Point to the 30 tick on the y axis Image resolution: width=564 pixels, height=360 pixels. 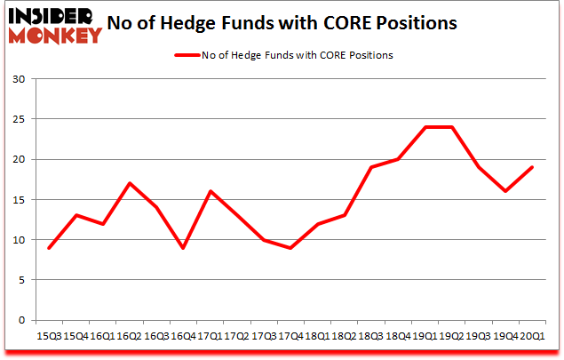[18, 79]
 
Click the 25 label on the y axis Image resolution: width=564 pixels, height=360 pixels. [18, 119]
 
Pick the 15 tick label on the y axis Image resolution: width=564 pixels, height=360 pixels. [18, 200]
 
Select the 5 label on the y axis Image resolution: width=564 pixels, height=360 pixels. [21, 280]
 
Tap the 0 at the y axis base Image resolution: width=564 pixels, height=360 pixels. [21, 320]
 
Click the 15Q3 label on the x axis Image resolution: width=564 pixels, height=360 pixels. [49, 337]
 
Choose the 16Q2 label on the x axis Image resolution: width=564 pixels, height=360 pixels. [130, 337]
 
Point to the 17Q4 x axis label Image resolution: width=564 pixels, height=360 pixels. [290, 337]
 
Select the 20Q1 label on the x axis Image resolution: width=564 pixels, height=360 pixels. [531, 337]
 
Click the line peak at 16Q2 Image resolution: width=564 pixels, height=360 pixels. [130, 183]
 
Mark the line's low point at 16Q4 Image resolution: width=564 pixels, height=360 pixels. [183, 248]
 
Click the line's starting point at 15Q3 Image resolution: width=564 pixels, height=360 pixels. [49, 248]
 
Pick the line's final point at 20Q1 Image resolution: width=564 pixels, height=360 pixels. [531, 167]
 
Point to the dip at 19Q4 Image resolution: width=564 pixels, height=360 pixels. [504, 191]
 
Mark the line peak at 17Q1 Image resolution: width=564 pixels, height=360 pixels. [210, 191]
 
